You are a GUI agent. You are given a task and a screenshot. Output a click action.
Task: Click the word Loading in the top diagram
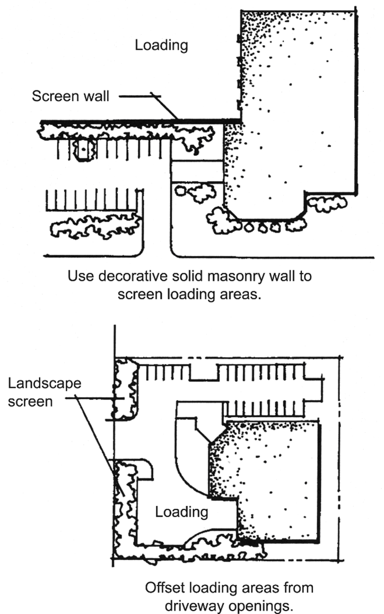(x=161, y=45)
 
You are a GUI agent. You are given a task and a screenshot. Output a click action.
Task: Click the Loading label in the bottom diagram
(x=182, y=512)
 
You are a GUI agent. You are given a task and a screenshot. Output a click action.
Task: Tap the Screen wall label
(x=70, y=96)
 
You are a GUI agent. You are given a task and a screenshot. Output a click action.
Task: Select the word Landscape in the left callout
(x=45, y=383)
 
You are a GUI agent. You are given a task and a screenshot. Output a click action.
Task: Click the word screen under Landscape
(x=30, y=402)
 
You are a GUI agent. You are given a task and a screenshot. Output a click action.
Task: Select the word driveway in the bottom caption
(x=194, y=606)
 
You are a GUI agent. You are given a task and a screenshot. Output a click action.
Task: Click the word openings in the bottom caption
(x=260, y=606)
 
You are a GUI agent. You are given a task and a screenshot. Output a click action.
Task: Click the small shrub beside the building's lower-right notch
(x=327, y=204)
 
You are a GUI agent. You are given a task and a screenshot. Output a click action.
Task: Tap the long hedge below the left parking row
(x=95, y=227)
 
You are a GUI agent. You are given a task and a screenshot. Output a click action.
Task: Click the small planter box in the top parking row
(x=84, y=149)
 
